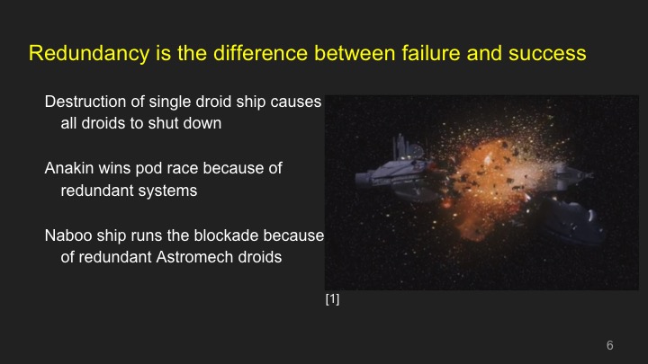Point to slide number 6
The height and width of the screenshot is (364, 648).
pyautogui.click(x=609, y=346)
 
